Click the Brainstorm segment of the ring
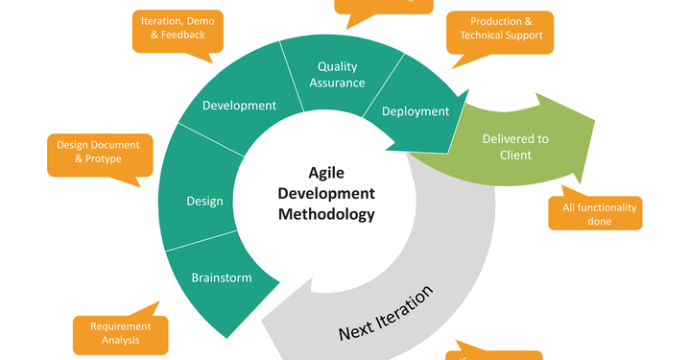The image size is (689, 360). pos(222,277)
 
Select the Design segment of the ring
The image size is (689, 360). pos(204,201)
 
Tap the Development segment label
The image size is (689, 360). pos(239,106)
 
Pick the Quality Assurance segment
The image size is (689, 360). pos(337,74)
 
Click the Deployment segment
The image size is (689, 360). pos(416,111)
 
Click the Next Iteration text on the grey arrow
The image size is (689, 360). pos(386,314)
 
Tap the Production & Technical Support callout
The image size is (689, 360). pos(501,29)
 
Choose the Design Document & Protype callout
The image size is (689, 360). pos(99,152)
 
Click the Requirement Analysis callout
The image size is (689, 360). pos(121,333)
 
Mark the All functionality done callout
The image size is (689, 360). pos(594,213)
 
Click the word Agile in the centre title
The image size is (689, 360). pos(326,173)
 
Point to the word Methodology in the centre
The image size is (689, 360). pos(326,214)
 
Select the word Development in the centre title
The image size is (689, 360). pos(326,193)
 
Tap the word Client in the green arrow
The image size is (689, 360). pos(515,155)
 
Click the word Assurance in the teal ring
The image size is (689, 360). pos(337,83)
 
